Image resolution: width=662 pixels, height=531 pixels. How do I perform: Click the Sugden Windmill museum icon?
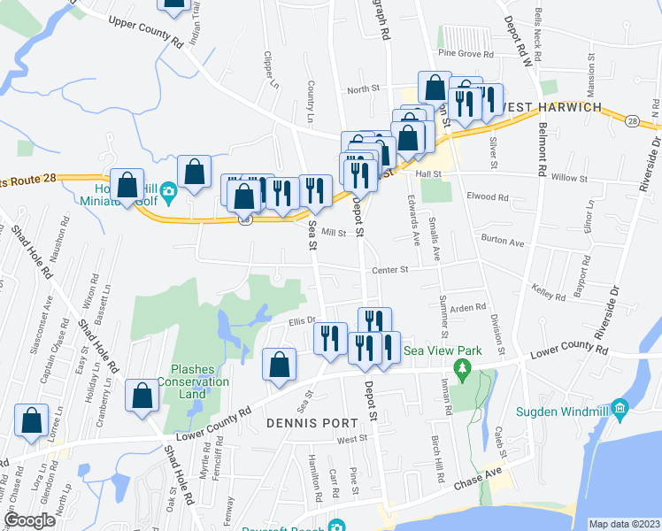(620, 409)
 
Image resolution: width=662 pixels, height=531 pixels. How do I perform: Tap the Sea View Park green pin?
(460, 366)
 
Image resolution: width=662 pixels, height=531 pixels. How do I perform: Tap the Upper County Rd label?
(145, 31)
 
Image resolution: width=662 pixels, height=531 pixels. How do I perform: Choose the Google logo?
(29, 519)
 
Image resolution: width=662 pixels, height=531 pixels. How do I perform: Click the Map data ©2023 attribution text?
(623, 523)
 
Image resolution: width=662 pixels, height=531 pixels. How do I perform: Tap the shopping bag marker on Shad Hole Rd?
(142, 396)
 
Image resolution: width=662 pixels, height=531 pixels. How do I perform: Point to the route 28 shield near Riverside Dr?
(633, 119)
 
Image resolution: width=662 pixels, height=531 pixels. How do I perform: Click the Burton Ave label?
(502, 240)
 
